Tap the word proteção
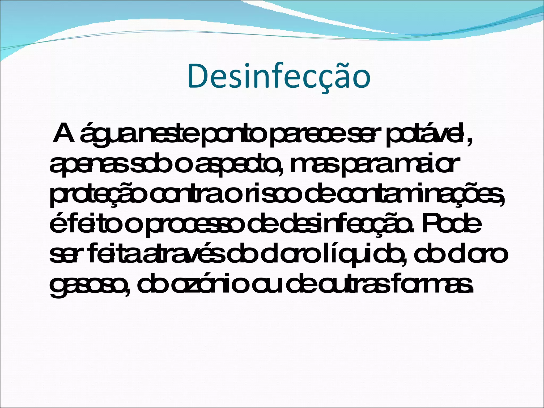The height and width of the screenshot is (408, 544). [x=98, y=195]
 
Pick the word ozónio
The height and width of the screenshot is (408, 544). [x=207, y=284]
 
